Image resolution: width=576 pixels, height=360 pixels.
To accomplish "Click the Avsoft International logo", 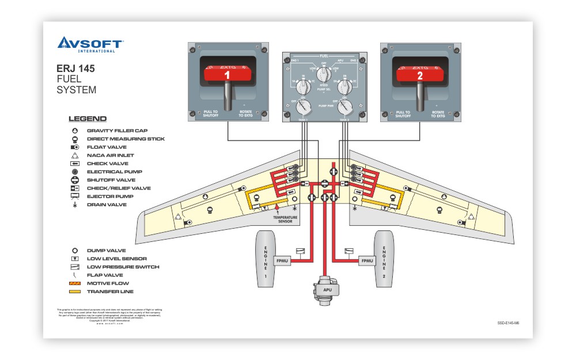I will click(x=90, y=44).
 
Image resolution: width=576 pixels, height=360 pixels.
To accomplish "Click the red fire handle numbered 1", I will click(x=227, y=74).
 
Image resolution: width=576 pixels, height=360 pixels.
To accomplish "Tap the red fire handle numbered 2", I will click(x=419, y=74).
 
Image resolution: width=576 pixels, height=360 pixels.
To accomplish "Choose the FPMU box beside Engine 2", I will click(x=367, y=261).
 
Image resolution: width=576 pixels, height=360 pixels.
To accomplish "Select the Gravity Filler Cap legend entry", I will click(x=117, y=131).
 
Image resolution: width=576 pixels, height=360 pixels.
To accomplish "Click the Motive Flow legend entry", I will click(x=108, y=283).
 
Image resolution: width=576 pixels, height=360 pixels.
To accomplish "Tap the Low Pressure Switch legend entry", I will click(x=123, y=267).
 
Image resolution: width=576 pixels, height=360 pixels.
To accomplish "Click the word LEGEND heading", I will click(x=88, y=119).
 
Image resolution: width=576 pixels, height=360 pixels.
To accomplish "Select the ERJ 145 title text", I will click(x=71, y=69).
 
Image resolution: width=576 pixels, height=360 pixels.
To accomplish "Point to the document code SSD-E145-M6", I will click(x=509, y=324).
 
